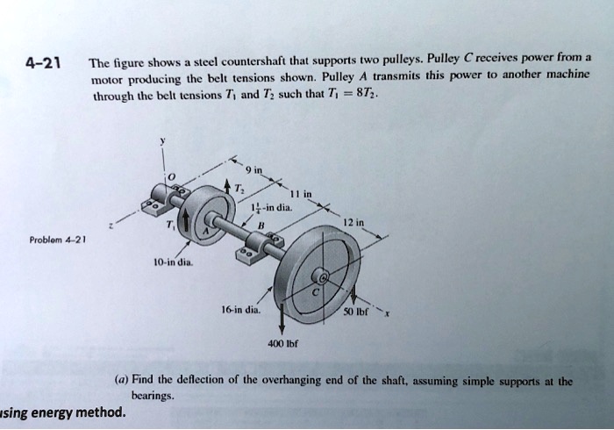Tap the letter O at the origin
173,180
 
